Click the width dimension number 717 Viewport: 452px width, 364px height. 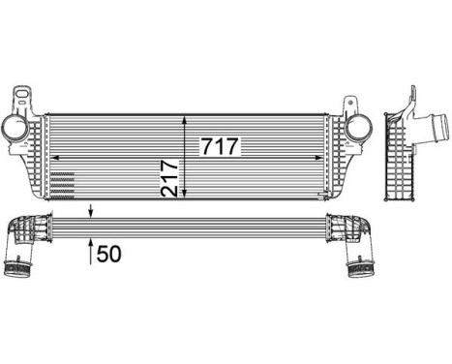tap(220, 147)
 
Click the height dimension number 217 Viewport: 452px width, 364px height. tap(170, 176)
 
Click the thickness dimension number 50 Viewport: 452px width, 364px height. tap(109, 255)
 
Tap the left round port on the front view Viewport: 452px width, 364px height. tap(16, 129)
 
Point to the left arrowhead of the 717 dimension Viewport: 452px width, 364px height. tap(52, 157)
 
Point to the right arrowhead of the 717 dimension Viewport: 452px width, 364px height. tap(325, 157)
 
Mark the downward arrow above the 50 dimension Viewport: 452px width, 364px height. tap(92, 211)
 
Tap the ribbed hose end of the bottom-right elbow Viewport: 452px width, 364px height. tap(359, 265)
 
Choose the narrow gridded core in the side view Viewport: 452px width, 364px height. tap(400, 160)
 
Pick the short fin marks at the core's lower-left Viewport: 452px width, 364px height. tap(60, 181)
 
